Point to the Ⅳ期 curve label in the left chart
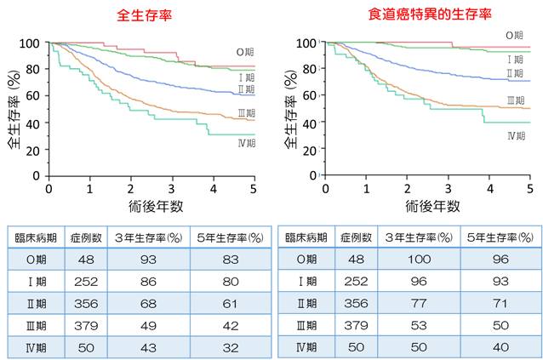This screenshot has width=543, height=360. click(247, 142)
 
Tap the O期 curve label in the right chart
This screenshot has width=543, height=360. click(514, 36)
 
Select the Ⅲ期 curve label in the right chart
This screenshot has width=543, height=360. click(515, 100)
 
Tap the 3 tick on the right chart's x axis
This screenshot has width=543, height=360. click(447, 189)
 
